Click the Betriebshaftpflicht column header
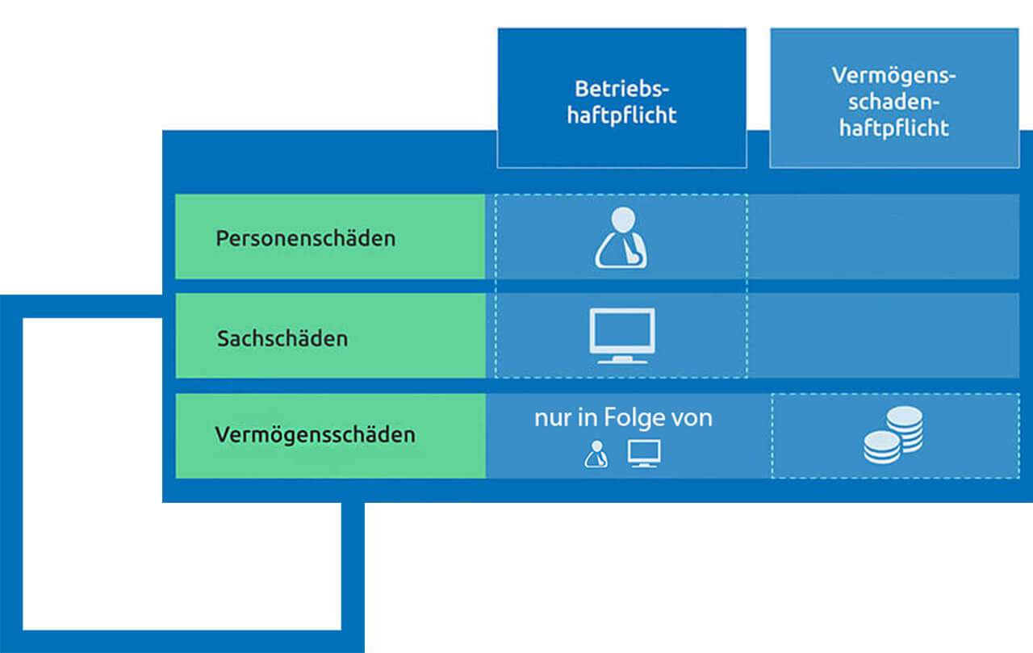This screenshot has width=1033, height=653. point(621,100)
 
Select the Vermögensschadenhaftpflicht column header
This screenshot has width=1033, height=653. point(893,100)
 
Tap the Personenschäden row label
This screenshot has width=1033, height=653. point(306,239)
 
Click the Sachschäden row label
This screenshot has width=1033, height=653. point(282,337)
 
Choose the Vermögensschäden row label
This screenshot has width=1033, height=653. point(315,435)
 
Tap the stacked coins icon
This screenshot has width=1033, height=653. point(893,435)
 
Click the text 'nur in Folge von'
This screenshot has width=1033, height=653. point(623,419)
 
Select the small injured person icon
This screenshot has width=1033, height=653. point(595,454)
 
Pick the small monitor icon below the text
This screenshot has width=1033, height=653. point(644,454)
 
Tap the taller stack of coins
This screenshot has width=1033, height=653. point(904,428)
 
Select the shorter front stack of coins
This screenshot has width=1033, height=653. point(881,446)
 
